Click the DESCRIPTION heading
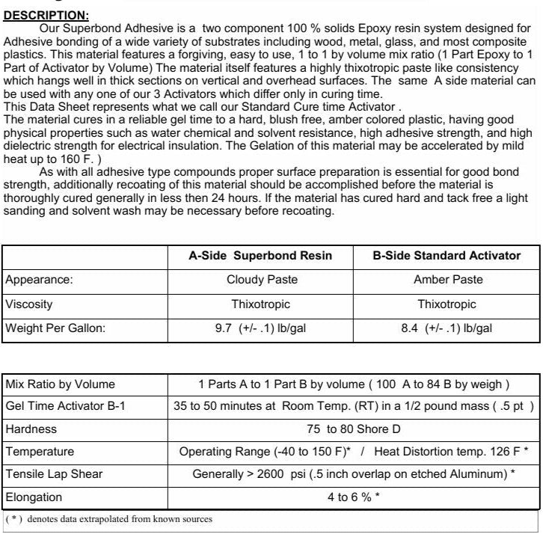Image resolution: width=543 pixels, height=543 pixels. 46,14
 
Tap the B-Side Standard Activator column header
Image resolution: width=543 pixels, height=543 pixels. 447,256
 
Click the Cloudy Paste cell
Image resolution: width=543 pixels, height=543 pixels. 261,280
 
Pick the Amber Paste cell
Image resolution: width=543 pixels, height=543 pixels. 447,280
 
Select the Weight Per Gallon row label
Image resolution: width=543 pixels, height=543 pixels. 55,328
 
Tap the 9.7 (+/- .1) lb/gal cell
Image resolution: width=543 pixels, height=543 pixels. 261,328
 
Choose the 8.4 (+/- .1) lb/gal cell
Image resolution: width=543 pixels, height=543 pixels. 447,328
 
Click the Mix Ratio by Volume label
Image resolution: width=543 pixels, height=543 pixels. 61,384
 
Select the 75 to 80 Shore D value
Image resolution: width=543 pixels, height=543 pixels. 354,430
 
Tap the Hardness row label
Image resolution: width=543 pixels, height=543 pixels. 31,430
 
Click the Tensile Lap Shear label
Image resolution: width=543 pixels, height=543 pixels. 54,474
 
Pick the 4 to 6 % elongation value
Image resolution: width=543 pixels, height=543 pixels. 354,497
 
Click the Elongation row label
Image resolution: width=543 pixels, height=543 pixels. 34,497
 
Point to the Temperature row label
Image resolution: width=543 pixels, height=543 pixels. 40,452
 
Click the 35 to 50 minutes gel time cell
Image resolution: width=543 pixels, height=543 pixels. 354,407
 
